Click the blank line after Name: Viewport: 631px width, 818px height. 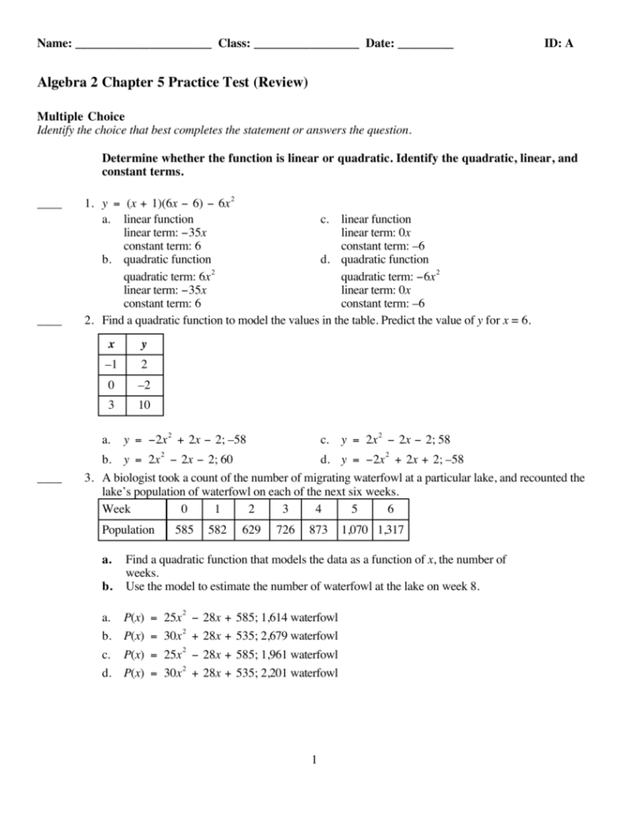point(142,45)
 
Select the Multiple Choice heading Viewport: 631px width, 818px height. point(81,116)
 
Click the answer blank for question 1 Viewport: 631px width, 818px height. point(49,205)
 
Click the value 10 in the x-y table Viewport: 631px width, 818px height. point(143,406)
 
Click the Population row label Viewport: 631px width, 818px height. point(128,530)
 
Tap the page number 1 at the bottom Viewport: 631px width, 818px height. point(313,762)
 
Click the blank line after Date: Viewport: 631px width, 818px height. point(425,45)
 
